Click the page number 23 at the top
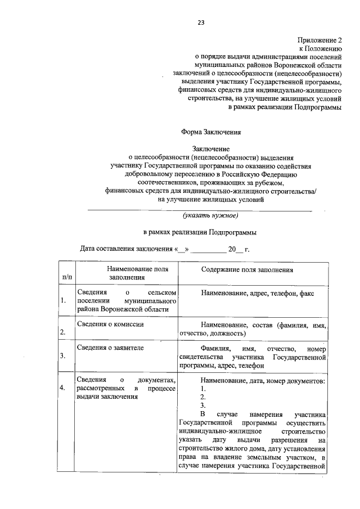point(200,22)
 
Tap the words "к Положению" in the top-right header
point(319,49)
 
